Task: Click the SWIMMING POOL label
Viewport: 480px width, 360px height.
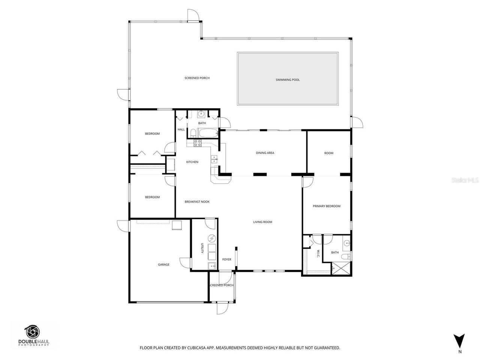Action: pyautogui.click(x=288, y=79)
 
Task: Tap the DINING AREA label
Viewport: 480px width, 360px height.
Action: pyautogui.click(x=265, y=153)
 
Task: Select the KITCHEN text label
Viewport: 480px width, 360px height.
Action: pyautogui.click(x=192, y=162)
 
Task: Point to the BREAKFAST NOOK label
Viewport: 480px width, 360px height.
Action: pyautogui.click(x=197, y=202)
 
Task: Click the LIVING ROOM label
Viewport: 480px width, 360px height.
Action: pyautogui.click(x=262, y=222)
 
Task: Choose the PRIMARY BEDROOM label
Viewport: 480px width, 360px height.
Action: pyautogui.click(x=327, y=206)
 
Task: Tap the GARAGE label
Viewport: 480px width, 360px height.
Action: pyautogui.click(x=163, y=264)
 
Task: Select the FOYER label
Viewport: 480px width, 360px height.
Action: pyautogui.click(x=226, y=259)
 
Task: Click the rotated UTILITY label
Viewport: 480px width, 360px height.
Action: pyautogui.click(x=202, y=248)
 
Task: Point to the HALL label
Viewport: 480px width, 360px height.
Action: pyautogui.click(x=181, y=129)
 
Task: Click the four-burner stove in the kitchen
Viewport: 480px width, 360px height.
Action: pyautogui.click(x=198, y=142)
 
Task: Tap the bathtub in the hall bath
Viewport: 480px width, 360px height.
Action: pyautogui.click(x=208, y=133)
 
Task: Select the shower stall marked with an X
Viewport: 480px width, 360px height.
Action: pyautogui.click(x=341, y=268)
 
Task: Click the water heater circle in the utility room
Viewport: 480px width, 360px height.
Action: pyautogui.click(x=211, y=238)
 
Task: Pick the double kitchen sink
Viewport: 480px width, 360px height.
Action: pyautogui.click(x=214, y=159)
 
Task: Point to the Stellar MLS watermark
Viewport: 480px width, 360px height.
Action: pyautogui.click(x=465, y=180)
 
